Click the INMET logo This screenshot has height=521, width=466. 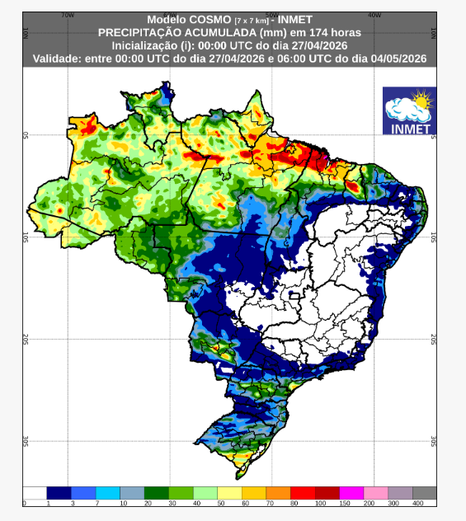tap(409, 111)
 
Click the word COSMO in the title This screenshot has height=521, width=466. tap(200, 19)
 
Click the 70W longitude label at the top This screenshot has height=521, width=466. tap(68, 15)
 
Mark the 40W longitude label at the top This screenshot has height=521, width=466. tap(373, 15)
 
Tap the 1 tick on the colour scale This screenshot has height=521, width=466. tap(48, 503)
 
